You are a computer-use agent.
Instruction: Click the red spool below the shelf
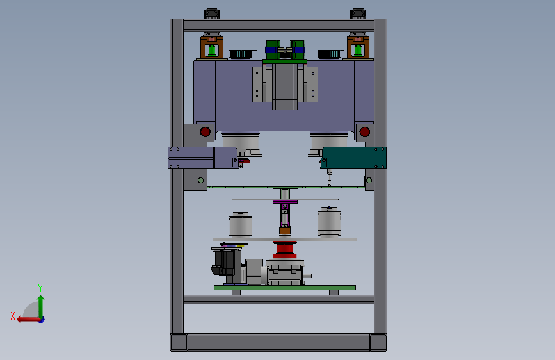(285, 250)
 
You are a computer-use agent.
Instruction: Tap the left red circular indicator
(205, 132)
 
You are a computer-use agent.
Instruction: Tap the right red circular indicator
(365, 132)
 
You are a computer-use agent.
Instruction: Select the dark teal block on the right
(353, 158)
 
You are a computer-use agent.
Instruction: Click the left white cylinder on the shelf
(241, 224)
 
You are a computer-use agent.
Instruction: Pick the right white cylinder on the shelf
(329, 221)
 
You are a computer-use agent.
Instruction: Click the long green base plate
(285, 288)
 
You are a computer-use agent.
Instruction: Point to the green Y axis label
(40, 288)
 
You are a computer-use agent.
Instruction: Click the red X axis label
(13, 316)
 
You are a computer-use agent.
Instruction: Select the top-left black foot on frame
(212, 14)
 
